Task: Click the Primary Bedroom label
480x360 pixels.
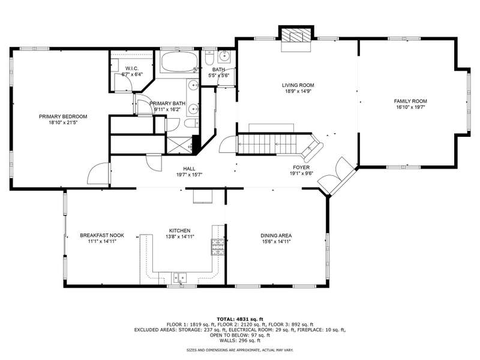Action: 63,116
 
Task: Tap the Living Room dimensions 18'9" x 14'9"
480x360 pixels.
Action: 298,91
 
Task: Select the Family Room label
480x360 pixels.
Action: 410,101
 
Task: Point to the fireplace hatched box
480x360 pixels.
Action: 296,35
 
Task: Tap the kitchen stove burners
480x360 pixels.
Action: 218,247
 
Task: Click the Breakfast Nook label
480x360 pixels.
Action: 102,235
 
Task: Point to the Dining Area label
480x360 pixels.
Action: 276,236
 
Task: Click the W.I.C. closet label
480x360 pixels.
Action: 132,68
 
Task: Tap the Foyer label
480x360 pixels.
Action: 301,167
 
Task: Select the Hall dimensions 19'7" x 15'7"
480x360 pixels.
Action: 189,175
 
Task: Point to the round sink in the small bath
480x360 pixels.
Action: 224,56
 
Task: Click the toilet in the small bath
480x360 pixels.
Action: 209,58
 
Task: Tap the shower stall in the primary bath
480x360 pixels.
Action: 179,145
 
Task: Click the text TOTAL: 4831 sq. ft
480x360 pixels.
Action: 240,319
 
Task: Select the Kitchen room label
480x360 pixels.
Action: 179,230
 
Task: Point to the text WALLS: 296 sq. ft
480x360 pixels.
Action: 240,340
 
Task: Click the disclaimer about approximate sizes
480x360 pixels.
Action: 240,350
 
